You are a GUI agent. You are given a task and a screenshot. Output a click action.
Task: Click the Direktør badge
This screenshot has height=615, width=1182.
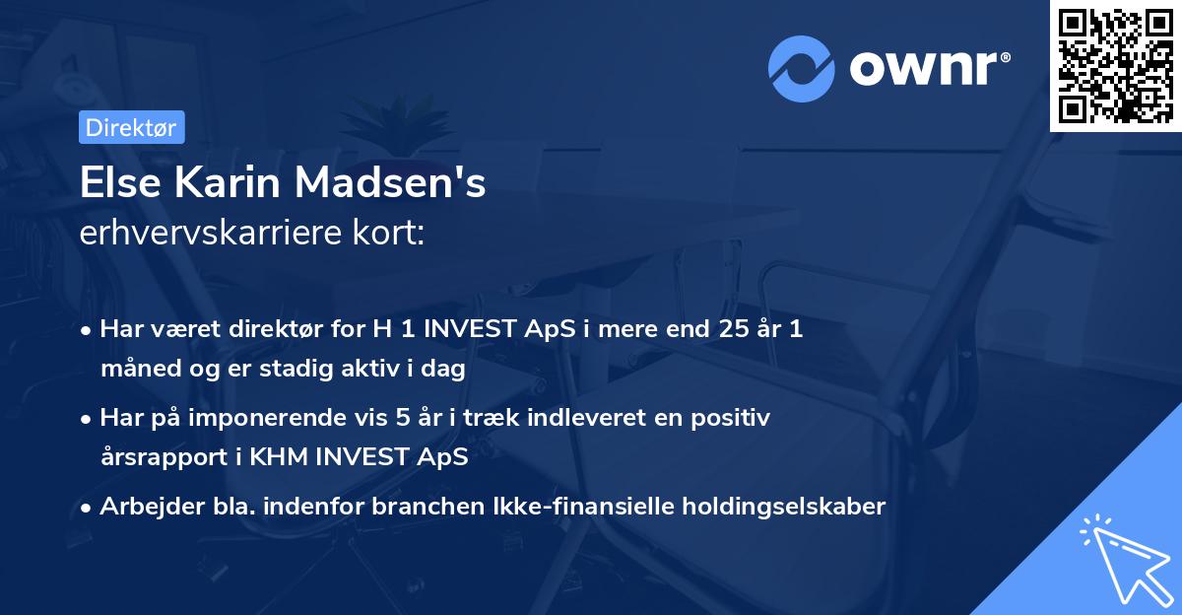(131, 127)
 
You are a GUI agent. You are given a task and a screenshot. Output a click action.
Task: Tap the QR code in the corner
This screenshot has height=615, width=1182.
(1115, 65)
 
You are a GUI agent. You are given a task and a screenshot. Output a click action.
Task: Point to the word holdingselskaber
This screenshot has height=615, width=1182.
(787, 507)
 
